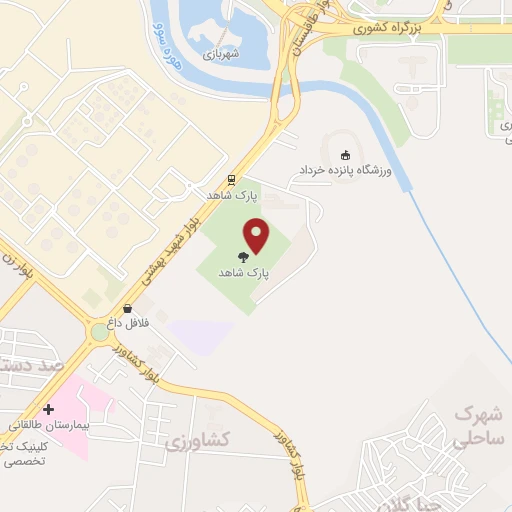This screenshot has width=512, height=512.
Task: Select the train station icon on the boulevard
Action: coord(232,180)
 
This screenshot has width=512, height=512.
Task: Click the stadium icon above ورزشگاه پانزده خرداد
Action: coord(346,155)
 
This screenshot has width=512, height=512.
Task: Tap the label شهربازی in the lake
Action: coord(221,55)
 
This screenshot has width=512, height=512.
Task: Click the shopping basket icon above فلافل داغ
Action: coord(127,309)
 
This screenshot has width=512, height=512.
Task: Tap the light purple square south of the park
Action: coord(200,337)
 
